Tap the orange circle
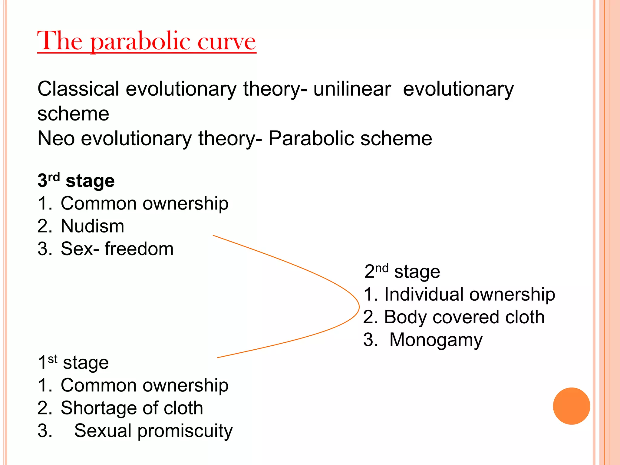click(571, 406)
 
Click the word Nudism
click(92, 226)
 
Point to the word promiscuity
click(185, 431)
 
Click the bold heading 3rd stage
click(76, 181)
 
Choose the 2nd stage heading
click(402, 272)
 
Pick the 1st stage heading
click(73, 362)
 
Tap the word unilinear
click(352, 89)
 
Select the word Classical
click(78, 89)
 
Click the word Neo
click(56, 139)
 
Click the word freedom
click(139, 249)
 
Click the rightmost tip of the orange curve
click(359, 307)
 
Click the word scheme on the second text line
click(73, 114)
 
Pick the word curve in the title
click(226, 41)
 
